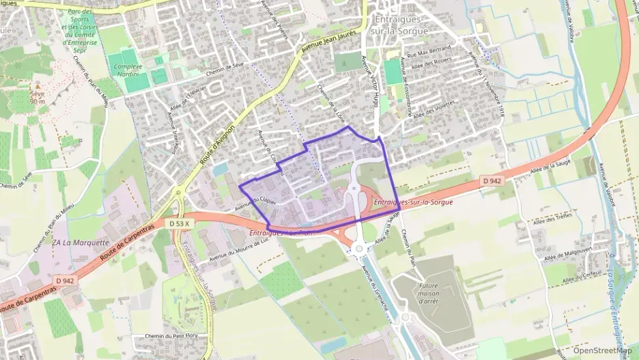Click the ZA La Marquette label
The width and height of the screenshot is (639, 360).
81,243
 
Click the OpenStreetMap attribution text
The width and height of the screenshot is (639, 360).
601,350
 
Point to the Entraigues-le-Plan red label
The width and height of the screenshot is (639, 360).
281,233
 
